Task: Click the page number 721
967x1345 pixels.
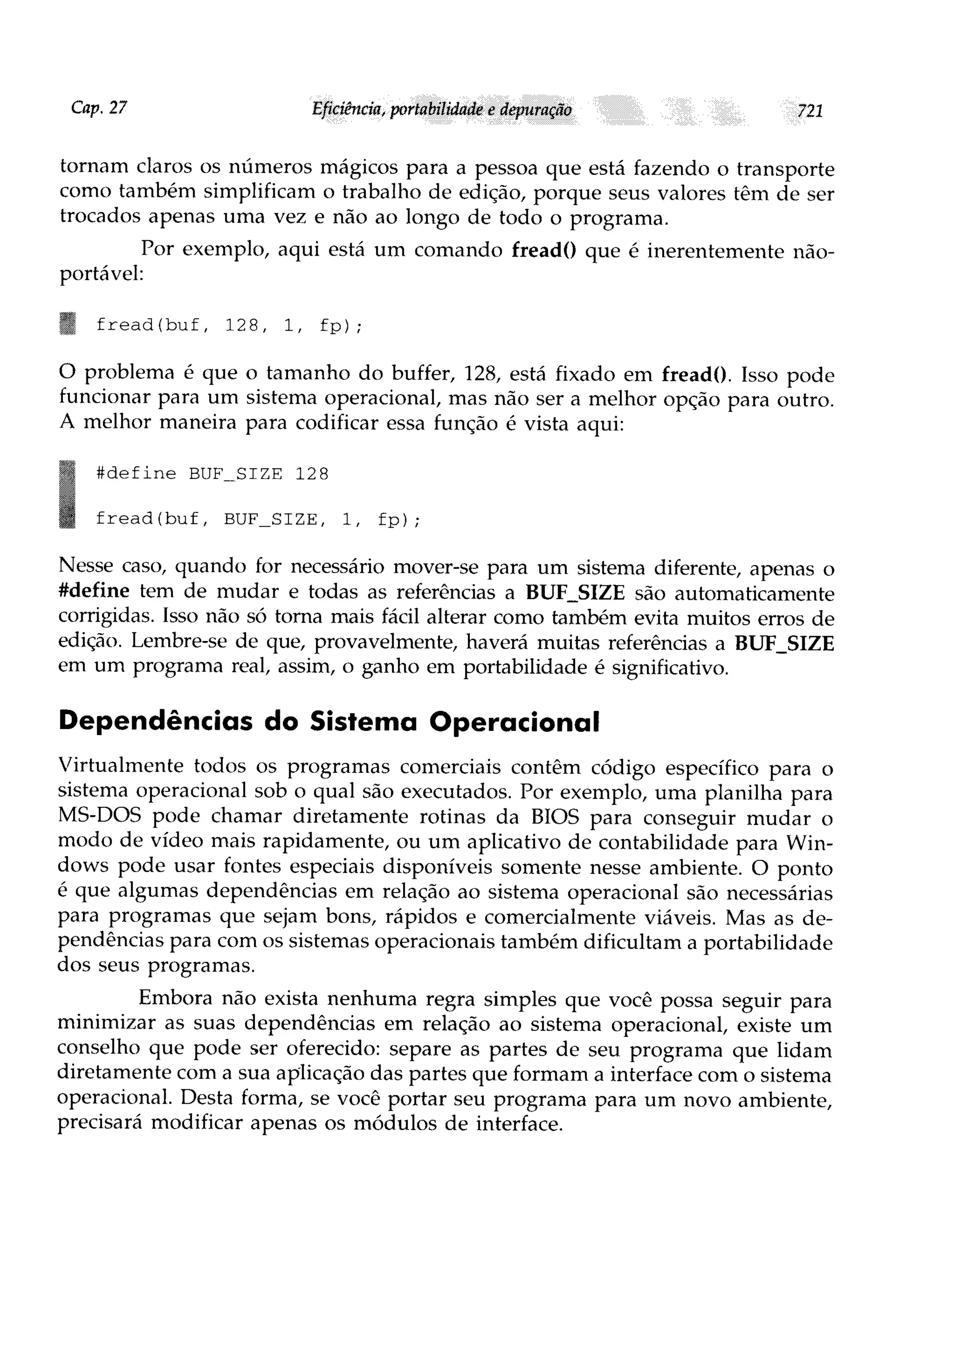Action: [x=810, y=111]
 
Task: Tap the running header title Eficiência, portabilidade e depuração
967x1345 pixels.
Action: [x=441, y=110]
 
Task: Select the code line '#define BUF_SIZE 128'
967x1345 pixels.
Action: [x=212, y=474]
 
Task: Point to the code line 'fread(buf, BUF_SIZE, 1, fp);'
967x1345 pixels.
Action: [x=257, y=520]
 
